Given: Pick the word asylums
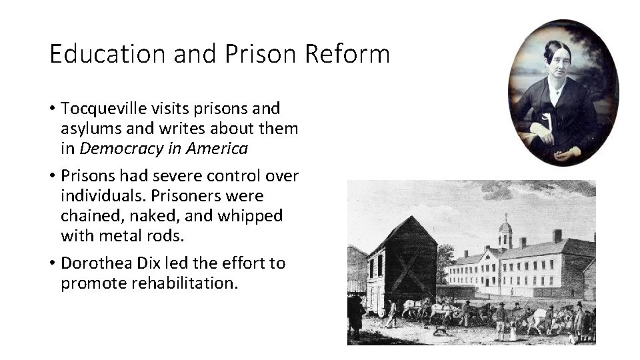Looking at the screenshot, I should click(x=90, y=128).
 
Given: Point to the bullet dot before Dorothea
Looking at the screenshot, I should click(x=52, y=264).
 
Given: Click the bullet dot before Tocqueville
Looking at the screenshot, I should click(x=52, y=109).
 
